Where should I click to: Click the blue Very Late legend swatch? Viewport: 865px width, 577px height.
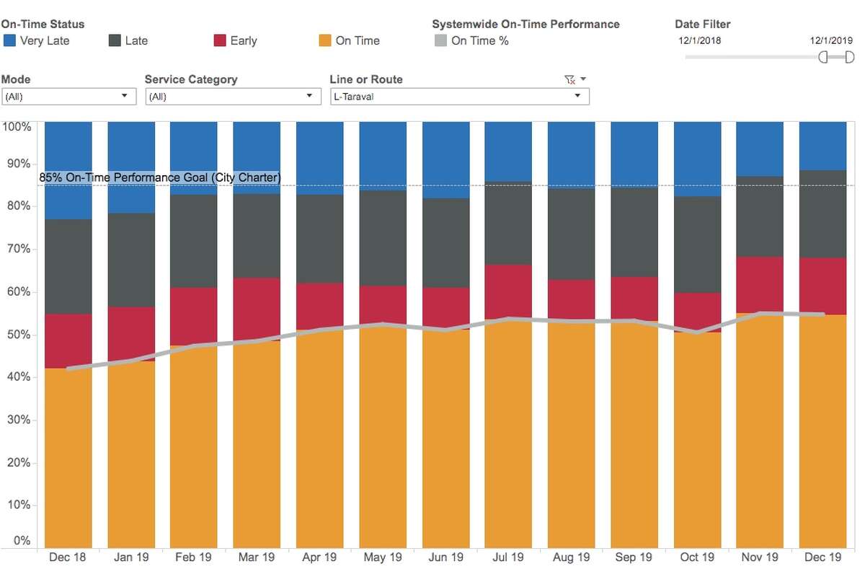click(x=9, y=41)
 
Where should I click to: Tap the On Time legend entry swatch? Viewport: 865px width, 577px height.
click(x=325, y=41)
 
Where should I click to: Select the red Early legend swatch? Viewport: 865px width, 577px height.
click(x=220, y=41)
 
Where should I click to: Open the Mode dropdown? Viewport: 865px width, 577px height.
click(x=68, y=96)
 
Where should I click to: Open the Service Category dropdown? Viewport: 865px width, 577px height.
click(x=232, y=96)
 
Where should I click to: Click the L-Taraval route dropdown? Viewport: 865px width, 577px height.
click(x=459, y=96)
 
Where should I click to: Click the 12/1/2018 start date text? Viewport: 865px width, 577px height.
click(x=699, y=40)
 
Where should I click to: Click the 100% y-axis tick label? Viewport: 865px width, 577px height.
click(x=17, y=127)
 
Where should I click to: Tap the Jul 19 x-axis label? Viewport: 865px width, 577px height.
click(x=508, y=558)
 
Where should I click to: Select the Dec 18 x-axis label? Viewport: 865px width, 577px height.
click(x=68, y=558)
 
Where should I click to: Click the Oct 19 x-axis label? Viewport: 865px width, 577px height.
click(x=697, y=558)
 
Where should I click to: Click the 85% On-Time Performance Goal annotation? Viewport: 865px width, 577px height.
click(x=160, y=177)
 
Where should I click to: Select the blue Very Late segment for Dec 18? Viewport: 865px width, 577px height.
click(x=68, y=170)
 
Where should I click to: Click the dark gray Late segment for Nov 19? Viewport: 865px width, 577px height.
click(x=760, y=216)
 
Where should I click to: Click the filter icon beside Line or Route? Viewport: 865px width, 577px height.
click(x=569, y=79)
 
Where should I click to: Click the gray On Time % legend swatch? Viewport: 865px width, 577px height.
click(x=440, y=41)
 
